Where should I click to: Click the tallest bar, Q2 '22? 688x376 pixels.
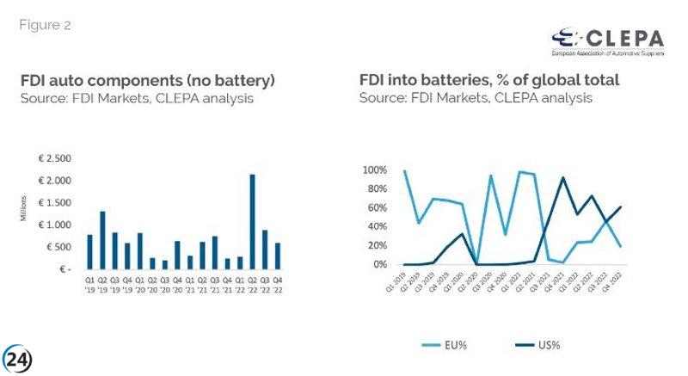[252, 223]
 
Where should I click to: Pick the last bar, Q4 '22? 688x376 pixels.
[277, 256]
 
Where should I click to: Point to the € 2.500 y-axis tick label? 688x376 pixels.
[58, 159]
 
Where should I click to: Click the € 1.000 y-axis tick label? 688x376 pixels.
[58, 225]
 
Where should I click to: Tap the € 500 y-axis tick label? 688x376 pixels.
[61, 248]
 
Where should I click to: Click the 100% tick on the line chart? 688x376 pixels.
[377, 170]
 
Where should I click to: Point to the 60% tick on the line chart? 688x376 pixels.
[379, 208]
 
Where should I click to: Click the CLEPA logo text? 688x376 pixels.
[623, 39]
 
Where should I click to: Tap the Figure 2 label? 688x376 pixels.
[46, 25]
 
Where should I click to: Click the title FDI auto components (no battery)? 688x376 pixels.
[148, 81]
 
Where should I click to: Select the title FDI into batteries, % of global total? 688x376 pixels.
[489, 81]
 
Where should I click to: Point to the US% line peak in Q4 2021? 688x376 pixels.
[562, 178]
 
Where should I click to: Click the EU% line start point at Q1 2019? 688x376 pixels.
[404, 170]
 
